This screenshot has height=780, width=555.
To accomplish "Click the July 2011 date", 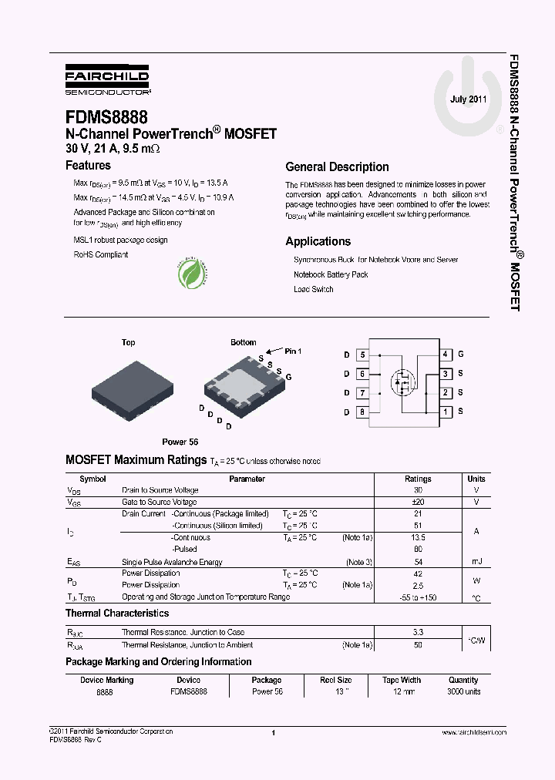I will [x=468, y=99].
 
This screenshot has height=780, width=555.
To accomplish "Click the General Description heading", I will [x=337, y=166].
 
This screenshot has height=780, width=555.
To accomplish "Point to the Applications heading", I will [x=318, y=241].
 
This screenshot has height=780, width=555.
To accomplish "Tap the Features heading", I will [x=88, y=165].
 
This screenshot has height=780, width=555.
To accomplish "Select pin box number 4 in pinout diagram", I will [x=445, y=355].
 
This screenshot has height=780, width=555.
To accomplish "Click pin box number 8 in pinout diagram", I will [x=362, y=412].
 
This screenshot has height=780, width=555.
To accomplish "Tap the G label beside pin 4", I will [x=461, y=355].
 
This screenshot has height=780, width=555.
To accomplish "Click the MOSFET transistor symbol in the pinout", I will [x=402, y=382].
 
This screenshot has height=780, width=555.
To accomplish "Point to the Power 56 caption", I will [x=180, y=442].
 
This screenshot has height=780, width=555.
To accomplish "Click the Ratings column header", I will [x=418, y=479].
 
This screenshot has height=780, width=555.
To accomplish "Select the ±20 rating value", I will [x=418, y=502].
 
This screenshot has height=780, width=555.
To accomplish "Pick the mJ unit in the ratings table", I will [x=476, y=561].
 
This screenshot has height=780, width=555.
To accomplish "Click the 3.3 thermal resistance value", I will [x=418, y=632].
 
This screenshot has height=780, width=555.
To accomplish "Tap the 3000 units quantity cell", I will [x=463, y=691].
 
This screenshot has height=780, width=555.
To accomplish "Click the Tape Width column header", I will [x=402, y=680].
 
